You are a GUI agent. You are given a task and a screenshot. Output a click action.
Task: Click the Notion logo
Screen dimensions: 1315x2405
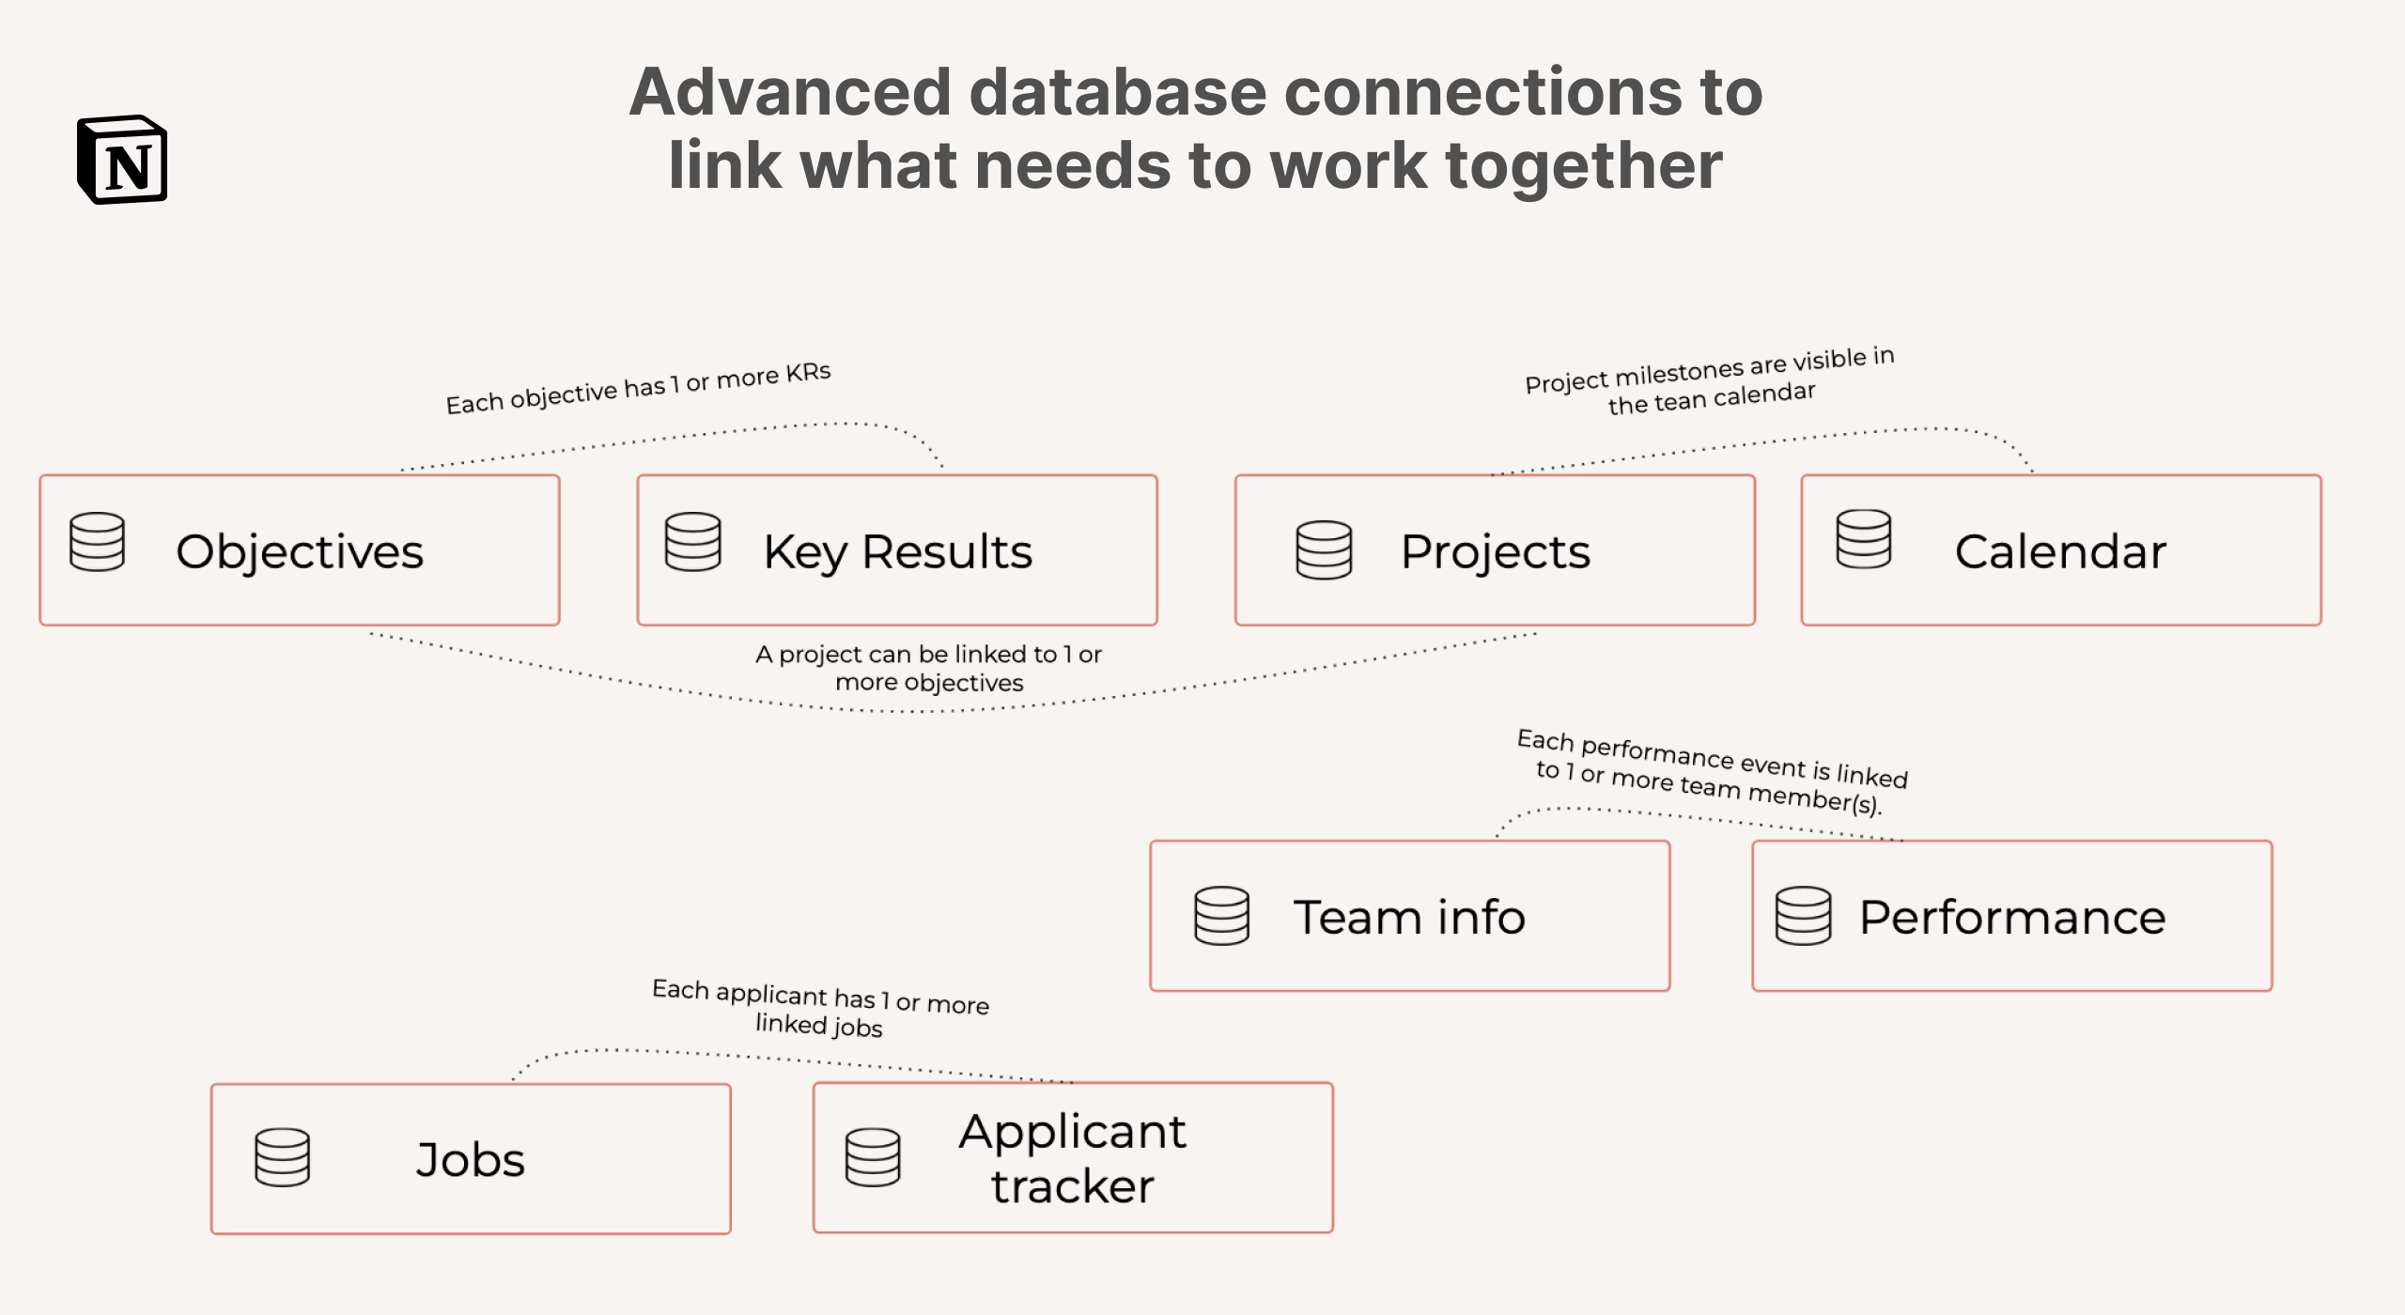pos(122,160)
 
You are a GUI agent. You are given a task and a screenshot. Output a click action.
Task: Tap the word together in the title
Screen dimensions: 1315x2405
pos(1584,165)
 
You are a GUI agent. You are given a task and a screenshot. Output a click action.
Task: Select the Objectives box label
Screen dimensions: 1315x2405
pos(300,551)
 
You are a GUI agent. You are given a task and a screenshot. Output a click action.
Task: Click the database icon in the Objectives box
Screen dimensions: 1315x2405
pos(97,542)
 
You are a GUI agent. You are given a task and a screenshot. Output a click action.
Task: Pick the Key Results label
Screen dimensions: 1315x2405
pos(897,551)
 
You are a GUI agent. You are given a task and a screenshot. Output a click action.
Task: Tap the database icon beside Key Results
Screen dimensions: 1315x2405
pos(692,542)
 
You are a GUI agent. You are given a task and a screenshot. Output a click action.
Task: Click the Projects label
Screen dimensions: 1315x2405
pos(1495,551)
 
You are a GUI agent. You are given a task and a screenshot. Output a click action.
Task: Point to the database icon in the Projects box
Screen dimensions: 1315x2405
pos(1324,550)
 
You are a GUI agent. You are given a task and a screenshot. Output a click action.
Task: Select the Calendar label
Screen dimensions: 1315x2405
pos(2060,551)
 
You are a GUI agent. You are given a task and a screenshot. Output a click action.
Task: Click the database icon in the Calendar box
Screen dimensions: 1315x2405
pos(1864,539)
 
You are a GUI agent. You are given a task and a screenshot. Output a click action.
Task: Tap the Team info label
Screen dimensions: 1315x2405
pos(1409,918)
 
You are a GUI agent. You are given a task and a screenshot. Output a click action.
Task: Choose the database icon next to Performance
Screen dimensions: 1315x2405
pos(1803,916)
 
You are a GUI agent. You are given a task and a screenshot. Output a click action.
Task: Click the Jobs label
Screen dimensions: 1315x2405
pos(471,1160)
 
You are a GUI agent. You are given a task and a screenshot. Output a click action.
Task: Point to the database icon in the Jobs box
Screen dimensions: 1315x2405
pos(282,1157)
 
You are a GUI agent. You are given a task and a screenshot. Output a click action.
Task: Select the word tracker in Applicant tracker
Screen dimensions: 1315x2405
pos(1072,1186)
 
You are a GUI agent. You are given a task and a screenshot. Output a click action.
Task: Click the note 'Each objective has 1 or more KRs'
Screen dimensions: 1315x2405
pos(638,388)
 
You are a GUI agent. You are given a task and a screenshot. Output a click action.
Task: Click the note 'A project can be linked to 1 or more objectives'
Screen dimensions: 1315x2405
pos(928,668)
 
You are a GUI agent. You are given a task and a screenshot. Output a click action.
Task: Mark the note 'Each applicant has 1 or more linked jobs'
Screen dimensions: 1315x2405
pos(820,1009)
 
